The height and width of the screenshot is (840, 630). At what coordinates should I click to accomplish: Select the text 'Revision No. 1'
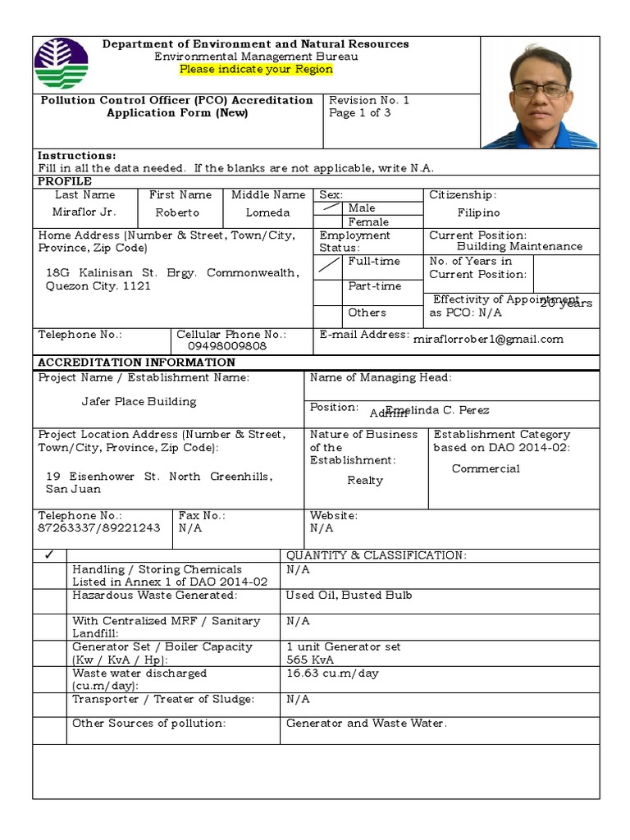point(368,100)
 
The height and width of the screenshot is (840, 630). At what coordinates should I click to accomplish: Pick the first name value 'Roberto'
point(177,212)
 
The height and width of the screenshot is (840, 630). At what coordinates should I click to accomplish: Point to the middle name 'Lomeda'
point(267,212)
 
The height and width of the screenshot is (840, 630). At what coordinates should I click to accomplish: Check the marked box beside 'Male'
point(329,208)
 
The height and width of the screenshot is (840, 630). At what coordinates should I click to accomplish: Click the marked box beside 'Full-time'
point(329,266)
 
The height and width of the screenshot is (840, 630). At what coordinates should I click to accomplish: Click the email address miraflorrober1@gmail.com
point(488,339)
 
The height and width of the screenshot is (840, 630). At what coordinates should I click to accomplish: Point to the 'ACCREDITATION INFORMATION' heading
point(137,363)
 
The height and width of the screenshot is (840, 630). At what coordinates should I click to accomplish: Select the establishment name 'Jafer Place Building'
point(139,401)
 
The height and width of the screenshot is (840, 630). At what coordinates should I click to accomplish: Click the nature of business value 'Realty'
point(365,480)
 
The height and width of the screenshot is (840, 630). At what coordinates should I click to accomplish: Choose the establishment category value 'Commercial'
point(486,468)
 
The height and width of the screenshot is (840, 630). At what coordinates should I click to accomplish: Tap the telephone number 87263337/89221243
point(99,528)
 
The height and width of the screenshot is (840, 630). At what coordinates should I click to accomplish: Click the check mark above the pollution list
point(50,555)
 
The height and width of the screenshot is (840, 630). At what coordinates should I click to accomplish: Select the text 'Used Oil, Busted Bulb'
point(349,595)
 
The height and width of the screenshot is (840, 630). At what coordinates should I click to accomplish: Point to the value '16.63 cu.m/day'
point(332,673)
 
